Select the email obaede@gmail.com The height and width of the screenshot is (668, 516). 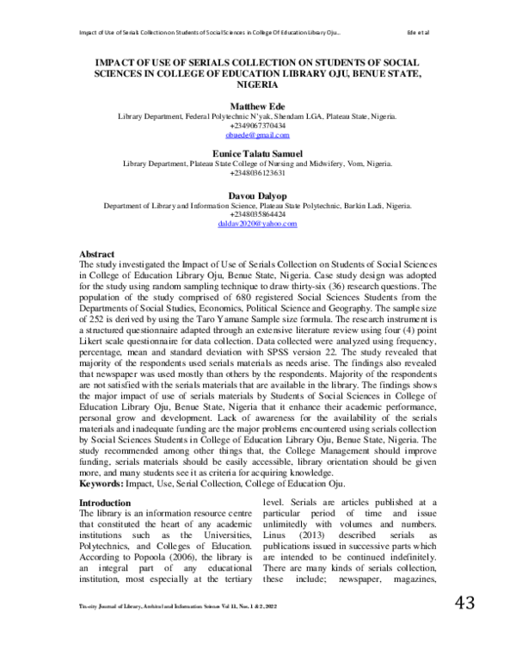pos(258,135)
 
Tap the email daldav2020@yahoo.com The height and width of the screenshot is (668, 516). pos(258,223)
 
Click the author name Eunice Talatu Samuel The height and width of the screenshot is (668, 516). pos(258,152)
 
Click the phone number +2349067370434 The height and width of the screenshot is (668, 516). pos(258,126)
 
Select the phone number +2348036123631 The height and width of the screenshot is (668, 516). pos(258,172)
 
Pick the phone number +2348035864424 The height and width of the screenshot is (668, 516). pos(258,213)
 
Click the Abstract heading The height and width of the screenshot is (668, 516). pos(98,255)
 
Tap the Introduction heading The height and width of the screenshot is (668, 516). pos(106,502)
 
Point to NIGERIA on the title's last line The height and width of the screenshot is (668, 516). pos(258,86)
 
